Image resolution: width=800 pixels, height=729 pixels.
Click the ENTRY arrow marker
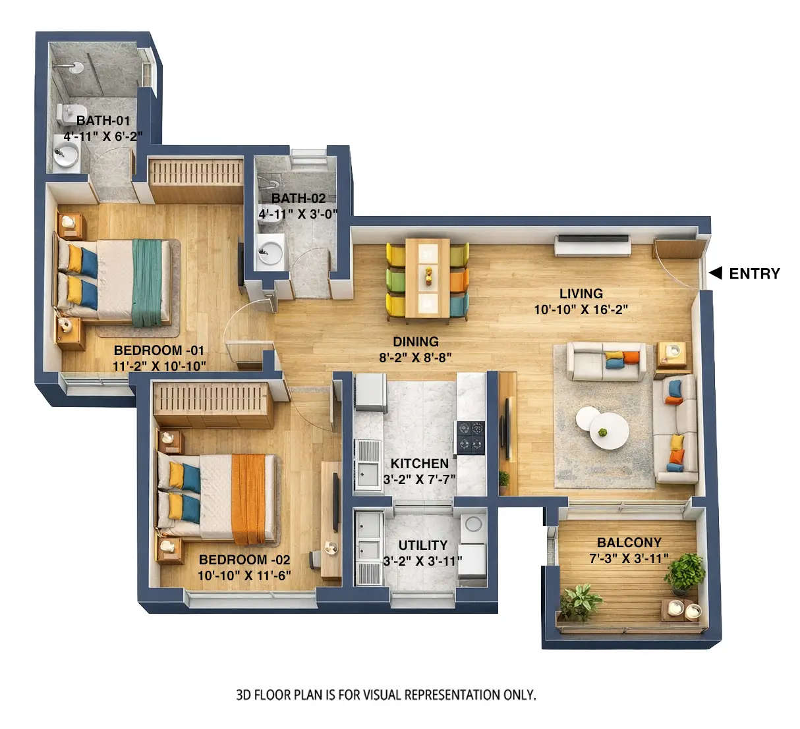[x=716, y=273]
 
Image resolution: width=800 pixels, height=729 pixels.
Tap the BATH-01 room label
[x=103, y=121]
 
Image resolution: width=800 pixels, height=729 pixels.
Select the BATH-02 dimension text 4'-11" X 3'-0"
[x=298, y=214]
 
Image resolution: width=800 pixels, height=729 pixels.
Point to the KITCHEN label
[x=419, y=464]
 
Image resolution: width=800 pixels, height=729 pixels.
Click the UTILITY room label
[x=422, y=545]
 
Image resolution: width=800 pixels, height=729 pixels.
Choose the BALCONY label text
[x=629, y=543]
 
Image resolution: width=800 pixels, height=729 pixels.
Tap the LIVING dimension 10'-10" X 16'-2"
[x=581, y=310]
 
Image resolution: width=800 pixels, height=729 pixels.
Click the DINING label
[x=415, y=342]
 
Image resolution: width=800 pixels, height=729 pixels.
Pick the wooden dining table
[x=427, y=278]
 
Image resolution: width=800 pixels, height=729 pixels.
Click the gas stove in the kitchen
[x=471, y=437]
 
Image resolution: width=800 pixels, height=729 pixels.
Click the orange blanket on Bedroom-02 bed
[x=248, y=499]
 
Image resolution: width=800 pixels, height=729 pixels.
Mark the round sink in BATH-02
[x=270, y=251]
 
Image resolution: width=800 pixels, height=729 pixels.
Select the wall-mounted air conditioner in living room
[x=592, y=245]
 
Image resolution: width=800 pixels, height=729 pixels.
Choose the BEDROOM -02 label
[x=244, y=560]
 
